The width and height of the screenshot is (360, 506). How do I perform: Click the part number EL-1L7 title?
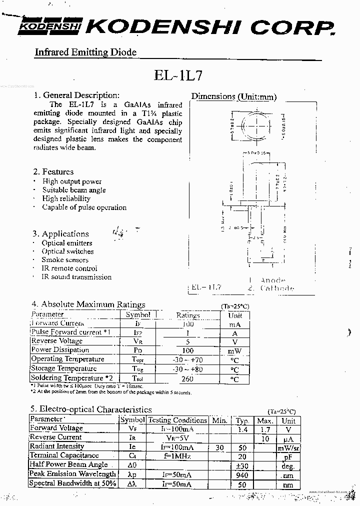coord(178,75)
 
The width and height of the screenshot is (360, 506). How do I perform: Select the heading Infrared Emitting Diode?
coord(85,52)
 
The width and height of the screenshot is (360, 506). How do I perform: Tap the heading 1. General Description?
coord(76,95)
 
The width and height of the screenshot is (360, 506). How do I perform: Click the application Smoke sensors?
coord(65,260)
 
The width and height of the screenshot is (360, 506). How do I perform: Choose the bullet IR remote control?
coord(69,268)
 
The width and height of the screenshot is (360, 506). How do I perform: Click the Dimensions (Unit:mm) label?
coord(233,96)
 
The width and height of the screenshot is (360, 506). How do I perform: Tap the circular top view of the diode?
coord(252,124)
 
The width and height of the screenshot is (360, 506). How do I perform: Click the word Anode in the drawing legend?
coord(273,280)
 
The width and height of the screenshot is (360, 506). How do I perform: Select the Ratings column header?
coord(188,315)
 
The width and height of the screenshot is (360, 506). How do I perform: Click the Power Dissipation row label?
coord(60,350)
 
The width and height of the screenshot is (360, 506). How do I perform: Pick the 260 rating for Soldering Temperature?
coord(187,378)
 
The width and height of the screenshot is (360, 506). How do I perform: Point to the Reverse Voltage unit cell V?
coord(234,341)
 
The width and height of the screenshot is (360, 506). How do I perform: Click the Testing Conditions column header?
coord(177,420)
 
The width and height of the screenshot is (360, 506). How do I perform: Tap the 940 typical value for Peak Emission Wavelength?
coord(242,474)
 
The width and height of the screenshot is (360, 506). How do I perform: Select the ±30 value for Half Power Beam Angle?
coord(242,465)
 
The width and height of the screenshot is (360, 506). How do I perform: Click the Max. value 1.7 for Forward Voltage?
coord(265,429)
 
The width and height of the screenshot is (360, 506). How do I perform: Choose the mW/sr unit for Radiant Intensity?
coord(288,447)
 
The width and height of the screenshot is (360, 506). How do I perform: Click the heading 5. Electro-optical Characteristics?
coord(91,409)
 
